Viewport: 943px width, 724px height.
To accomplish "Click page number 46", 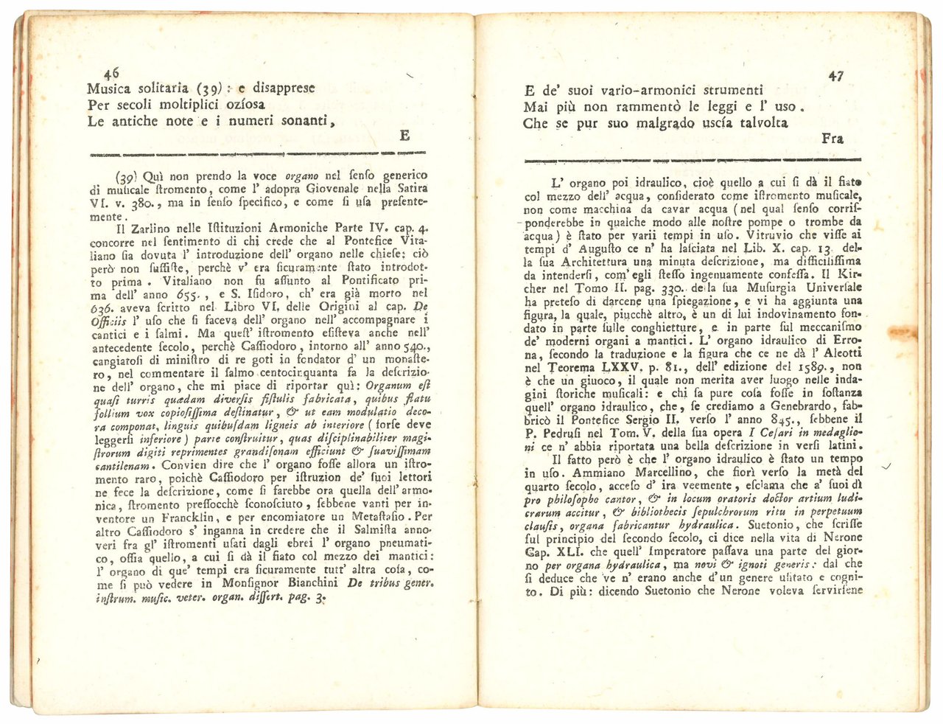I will (112, 72).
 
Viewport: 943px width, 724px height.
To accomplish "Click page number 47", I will (835, 75).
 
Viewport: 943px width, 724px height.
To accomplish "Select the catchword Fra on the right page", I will (832, 138).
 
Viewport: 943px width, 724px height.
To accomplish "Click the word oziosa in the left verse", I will (248, 105).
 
